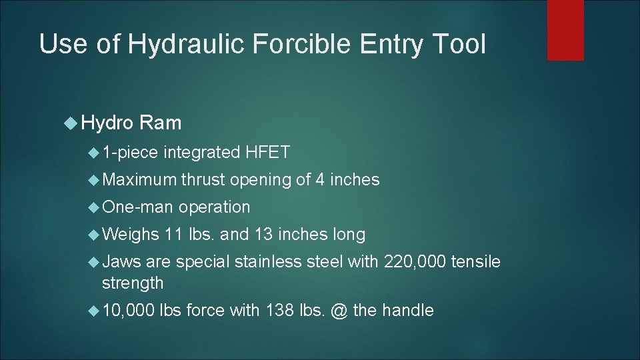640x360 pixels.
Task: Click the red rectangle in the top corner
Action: point(565,29)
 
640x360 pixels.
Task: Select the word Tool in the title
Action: point(461,45)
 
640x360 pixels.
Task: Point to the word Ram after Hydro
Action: point(161,123)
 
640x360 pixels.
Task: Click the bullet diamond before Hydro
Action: point(73,123)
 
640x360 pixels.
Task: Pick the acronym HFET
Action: point(267,153)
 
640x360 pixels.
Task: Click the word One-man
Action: point(137,207)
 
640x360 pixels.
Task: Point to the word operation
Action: point(214,207)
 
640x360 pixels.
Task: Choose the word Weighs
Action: point(131,234)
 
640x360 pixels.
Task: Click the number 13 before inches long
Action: point(264,234)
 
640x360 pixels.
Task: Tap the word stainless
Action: point(269,262)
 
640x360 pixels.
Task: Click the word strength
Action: point(132,283)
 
